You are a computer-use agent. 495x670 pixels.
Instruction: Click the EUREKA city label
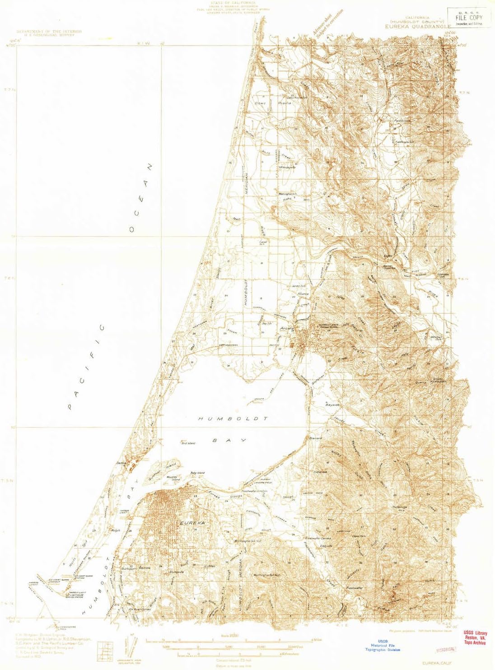click(192, 522)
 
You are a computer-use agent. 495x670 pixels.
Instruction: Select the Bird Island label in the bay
click(188, 443)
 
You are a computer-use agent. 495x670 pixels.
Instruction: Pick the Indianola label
click(320, 472)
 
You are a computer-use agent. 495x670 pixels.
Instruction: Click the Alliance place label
click(303, 294)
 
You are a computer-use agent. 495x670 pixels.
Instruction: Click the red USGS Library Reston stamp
click(475, 638)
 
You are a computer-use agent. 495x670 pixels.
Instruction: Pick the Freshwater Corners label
click(318, 539)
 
